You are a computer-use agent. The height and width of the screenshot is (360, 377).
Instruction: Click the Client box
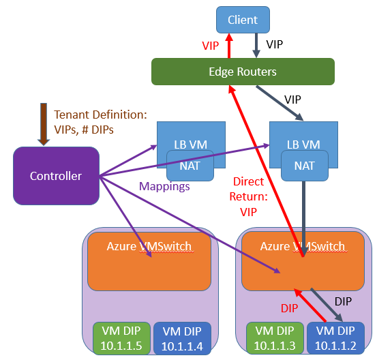point(243,20)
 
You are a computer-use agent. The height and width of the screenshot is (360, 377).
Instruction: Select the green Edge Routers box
point(243,72)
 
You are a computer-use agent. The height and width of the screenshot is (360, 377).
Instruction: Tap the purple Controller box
point(56,176)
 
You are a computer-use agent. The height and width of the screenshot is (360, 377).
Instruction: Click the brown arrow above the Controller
point(44,124)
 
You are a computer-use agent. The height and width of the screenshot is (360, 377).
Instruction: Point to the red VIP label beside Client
point(211,46)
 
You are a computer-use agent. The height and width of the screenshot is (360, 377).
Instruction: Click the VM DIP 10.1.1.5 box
point(121,338)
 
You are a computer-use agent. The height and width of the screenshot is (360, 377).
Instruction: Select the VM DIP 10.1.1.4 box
point(182,339)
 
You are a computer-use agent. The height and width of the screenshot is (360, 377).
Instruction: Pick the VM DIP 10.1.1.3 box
point(275,338)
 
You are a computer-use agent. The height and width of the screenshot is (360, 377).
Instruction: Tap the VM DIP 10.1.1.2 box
point(335,338)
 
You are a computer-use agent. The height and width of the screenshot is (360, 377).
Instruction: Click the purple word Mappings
point(164,186)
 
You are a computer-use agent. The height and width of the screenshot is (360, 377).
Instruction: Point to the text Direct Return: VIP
point(249,197)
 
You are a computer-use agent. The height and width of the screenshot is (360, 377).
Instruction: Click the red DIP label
point(290,308)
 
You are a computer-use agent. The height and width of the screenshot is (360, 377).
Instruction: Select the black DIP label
point(343,301)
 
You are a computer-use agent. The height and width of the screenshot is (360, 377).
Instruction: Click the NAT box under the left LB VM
point(190,166)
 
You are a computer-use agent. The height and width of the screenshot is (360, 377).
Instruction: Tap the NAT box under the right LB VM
point(305,166)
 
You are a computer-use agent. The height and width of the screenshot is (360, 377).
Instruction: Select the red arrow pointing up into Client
point(229,46)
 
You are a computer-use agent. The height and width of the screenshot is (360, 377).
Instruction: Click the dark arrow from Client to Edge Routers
point(256,46)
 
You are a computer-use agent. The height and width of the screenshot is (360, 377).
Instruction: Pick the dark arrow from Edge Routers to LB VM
point(280,103)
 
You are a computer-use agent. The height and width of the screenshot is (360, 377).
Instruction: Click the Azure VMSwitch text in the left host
point(149,246)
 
